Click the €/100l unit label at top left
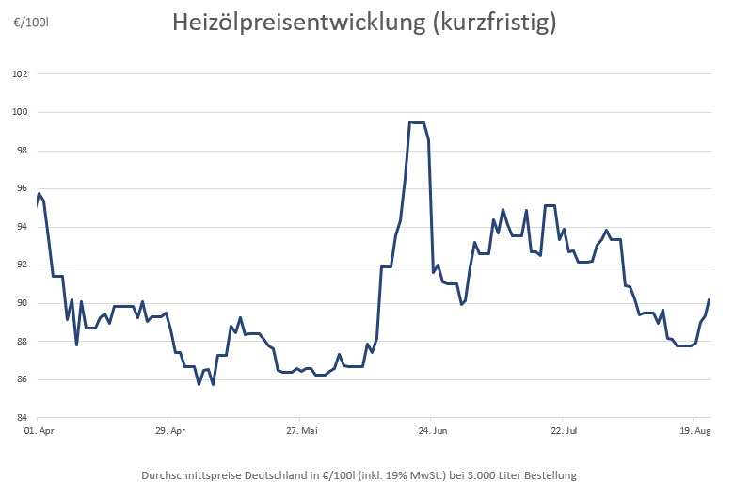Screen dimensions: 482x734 (x=30, y=21)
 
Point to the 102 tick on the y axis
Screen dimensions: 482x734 (x=21, y=74)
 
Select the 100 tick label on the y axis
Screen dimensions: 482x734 (x=21, y=112)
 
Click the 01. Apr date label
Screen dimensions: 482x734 (x=37, y=432)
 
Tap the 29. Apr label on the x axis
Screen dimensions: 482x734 (x=168, y=432)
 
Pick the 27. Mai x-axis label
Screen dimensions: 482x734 (x=299, y=432)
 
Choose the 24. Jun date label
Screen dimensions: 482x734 (x=430, y=432)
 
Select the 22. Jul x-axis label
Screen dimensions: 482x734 (x=562, y=432)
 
